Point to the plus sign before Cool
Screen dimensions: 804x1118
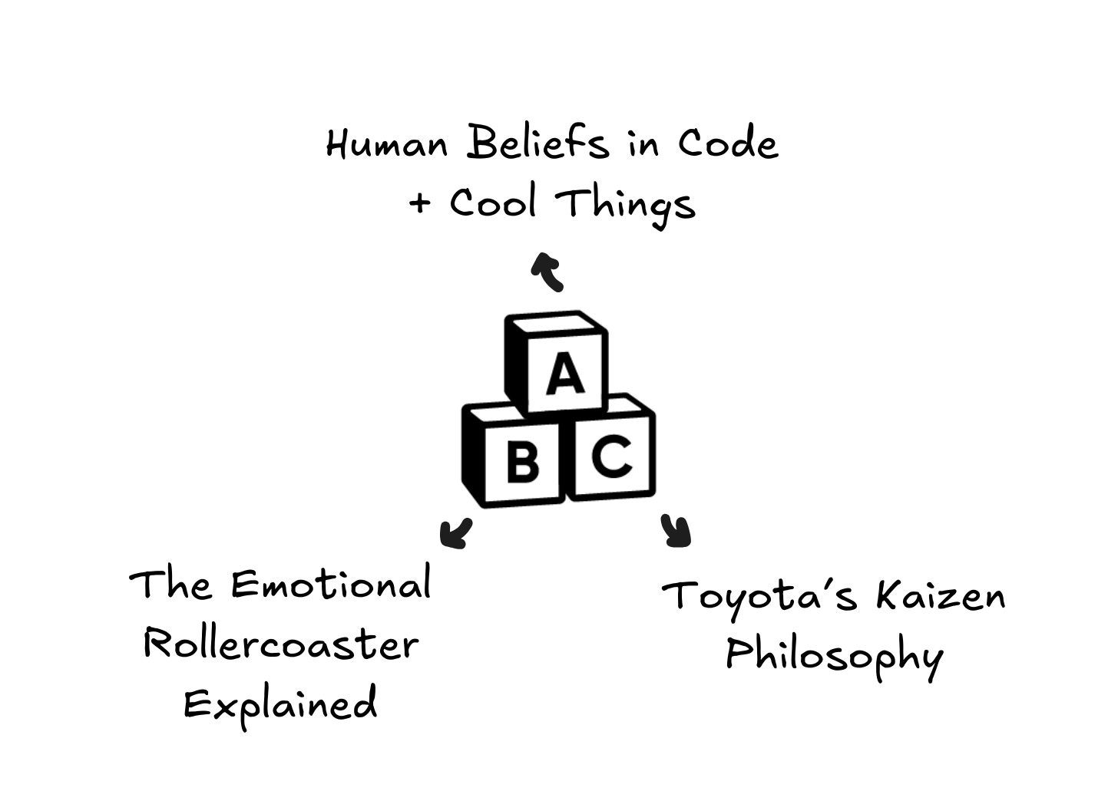tap(419, 203)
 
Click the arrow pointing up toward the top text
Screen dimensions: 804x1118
tap(548, 270)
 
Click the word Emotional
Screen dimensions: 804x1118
tap(330, 585)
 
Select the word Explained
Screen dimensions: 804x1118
tap(281, 703)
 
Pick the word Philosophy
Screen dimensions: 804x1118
tap(834, 657)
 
